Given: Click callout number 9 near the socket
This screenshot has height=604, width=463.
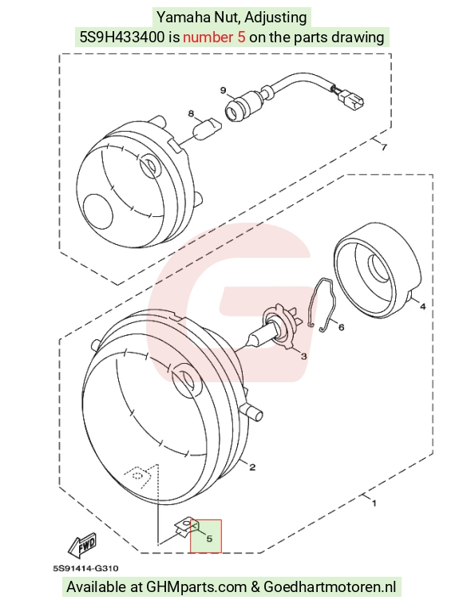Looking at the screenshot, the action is (x=224, y=90).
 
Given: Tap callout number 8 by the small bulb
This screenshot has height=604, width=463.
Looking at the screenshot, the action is (x=192, y=113).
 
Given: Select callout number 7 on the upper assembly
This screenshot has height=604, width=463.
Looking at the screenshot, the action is (x=383, y=147).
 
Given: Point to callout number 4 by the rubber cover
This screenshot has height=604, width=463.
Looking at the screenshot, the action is (x=423, y=306).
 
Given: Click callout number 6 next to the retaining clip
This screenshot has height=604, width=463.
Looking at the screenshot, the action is (x=341, y=327).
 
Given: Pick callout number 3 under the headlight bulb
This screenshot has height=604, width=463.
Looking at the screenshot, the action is (x=304, y=357).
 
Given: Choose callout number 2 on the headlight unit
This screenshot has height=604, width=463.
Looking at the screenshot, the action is (x=252, y=468).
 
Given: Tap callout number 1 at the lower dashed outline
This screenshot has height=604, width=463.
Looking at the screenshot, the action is (x=374, y=503).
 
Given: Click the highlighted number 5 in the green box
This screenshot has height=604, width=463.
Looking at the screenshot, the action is (x=209, y=539).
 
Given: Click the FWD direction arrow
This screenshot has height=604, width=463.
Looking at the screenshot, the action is (x=82, y=546).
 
